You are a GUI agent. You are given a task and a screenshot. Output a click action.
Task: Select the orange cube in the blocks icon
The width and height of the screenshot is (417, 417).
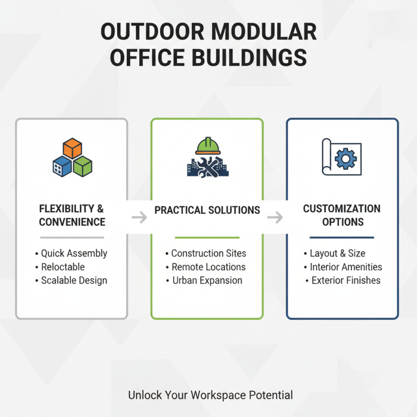(72, 148)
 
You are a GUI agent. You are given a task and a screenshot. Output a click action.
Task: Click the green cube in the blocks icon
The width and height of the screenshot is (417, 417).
(82, 166)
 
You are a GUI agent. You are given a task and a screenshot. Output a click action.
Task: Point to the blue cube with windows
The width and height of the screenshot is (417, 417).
(63, 166)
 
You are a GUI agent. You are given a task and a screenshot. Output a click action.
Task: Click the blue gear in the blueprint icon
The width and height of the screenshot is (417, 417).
(345, 157)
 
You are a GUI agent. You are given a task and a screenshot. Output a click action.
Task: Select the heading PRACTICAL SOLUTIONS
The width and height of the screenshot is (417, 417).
(207, 210)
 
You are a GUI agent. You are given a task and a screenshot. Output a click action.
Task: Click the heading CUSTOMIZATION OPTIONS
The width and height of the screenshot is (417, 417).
(342, 215)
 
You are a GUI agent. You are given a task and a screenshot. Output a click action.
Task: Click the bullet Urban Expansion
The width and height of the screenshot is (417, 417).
(207, 280)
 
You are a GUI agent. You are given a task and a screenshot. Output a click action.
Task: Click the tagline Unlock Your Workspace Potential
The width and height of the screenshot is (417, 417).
(211, 395)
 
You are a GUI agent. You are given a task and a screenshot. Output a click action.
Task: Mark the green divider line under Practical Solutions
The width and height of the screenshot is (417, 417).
(207, 237)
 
